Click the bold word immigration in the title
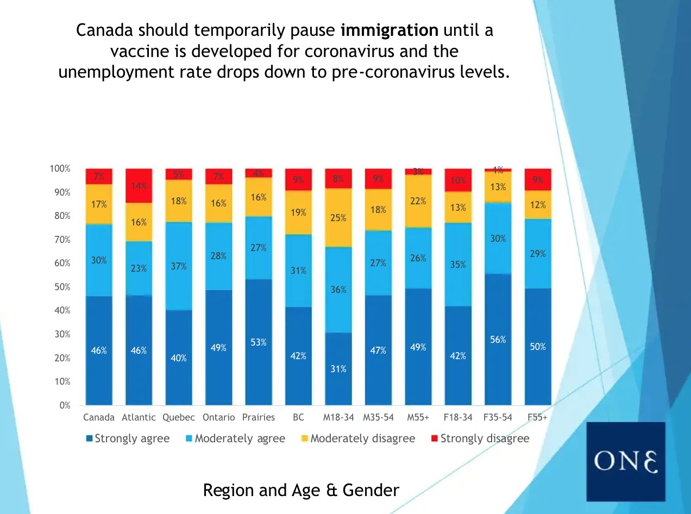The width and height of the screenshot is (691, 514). (x=389, y=30)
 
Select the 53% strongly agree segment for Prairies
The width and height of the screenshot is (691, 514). (x=259, y=342)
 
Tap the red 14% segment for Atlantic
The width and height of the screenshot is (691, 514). (x=139, y=186)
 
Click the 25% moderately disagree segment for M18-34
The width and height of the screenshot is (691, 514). (x=338, y=217)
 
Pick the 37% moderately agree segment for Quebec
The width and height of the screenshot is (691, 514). (x=179, y=266)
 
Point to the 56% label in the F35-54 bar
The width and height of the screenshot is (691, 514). (x=498, y=340)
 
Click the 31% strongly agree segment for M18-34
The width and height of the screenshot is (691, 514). (x=338, y=368)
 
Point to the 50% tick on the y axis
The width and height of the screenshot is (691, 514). (x=60, y=287)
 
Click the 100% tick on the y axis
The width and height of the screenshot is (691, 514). (x=59, y=168)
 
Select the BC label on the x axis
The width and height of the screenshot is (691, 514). (x=298, y=417)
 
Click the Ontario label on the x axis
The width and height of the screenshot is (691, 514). (x=218, y=417)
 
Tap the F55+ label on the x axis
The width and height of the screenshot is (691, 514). (x=537, y=417)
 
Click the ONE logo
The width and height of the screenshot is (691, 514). (x=626, y=461)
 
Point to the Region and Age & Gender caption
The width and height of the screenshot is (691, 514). (x=301, y=490)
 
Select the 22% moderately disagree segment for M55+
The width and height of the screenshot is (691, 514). (x=418, y=201)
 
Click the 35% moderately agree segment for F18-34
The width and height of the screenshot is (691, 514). (x=458, y=265)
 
